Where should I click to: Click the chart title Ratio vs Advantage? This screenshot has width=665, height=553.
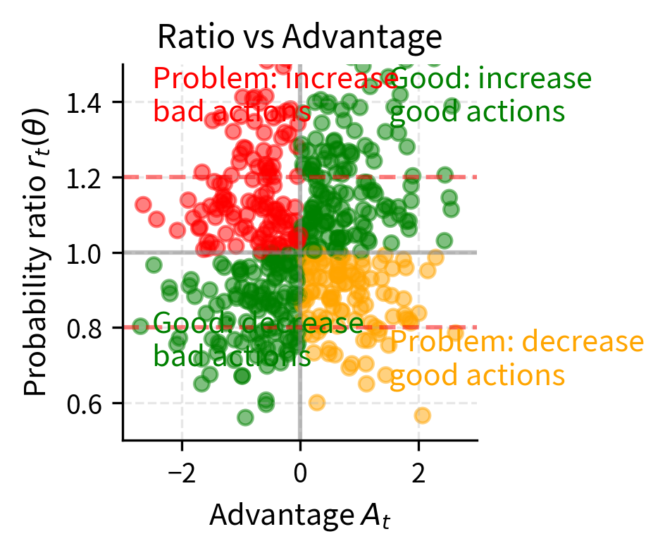pyautogui.click(x=299, y=37)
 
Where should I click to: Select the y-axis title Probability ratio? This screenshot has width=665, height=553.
pyautogui.click(x=39, y=252)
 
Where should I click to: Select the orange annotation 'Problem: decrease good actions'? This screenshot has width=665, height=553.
pyautogui.click(x=516, y=358)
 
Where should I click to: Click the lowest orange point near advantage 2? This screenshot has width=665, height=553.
pyautogui.click(x=422, y=415)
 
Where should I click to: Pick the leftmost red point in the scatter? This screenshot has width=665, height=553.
pyautogui.click(x=143, y=205)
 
